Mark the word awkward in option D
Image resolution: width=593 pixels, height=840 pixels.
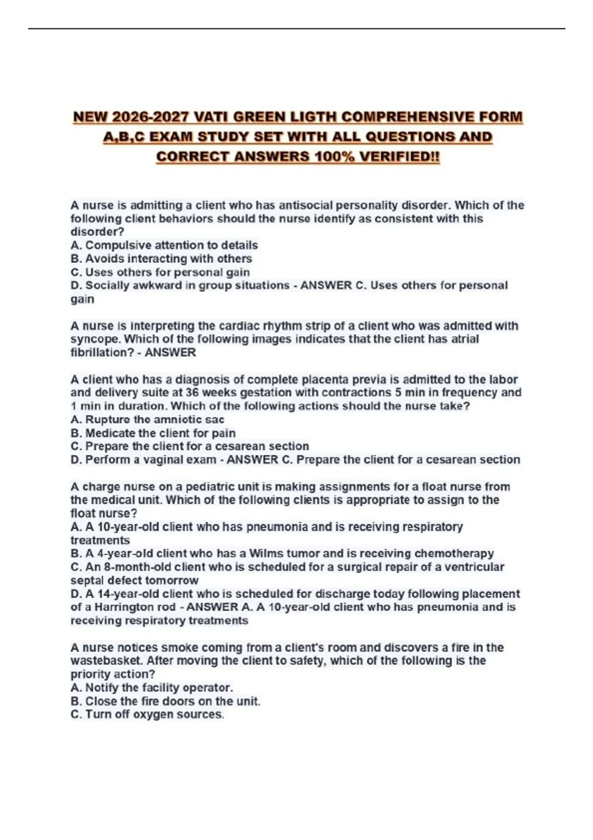coord(158,286)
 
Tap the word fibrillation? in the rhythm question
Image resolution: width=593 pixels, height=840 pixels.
coord(98,353)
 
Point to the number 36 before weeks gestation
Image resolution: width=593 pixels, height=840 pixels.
coord(193,393)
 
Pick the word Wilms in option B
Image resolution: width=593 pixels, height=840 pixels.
coord(265,553)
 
